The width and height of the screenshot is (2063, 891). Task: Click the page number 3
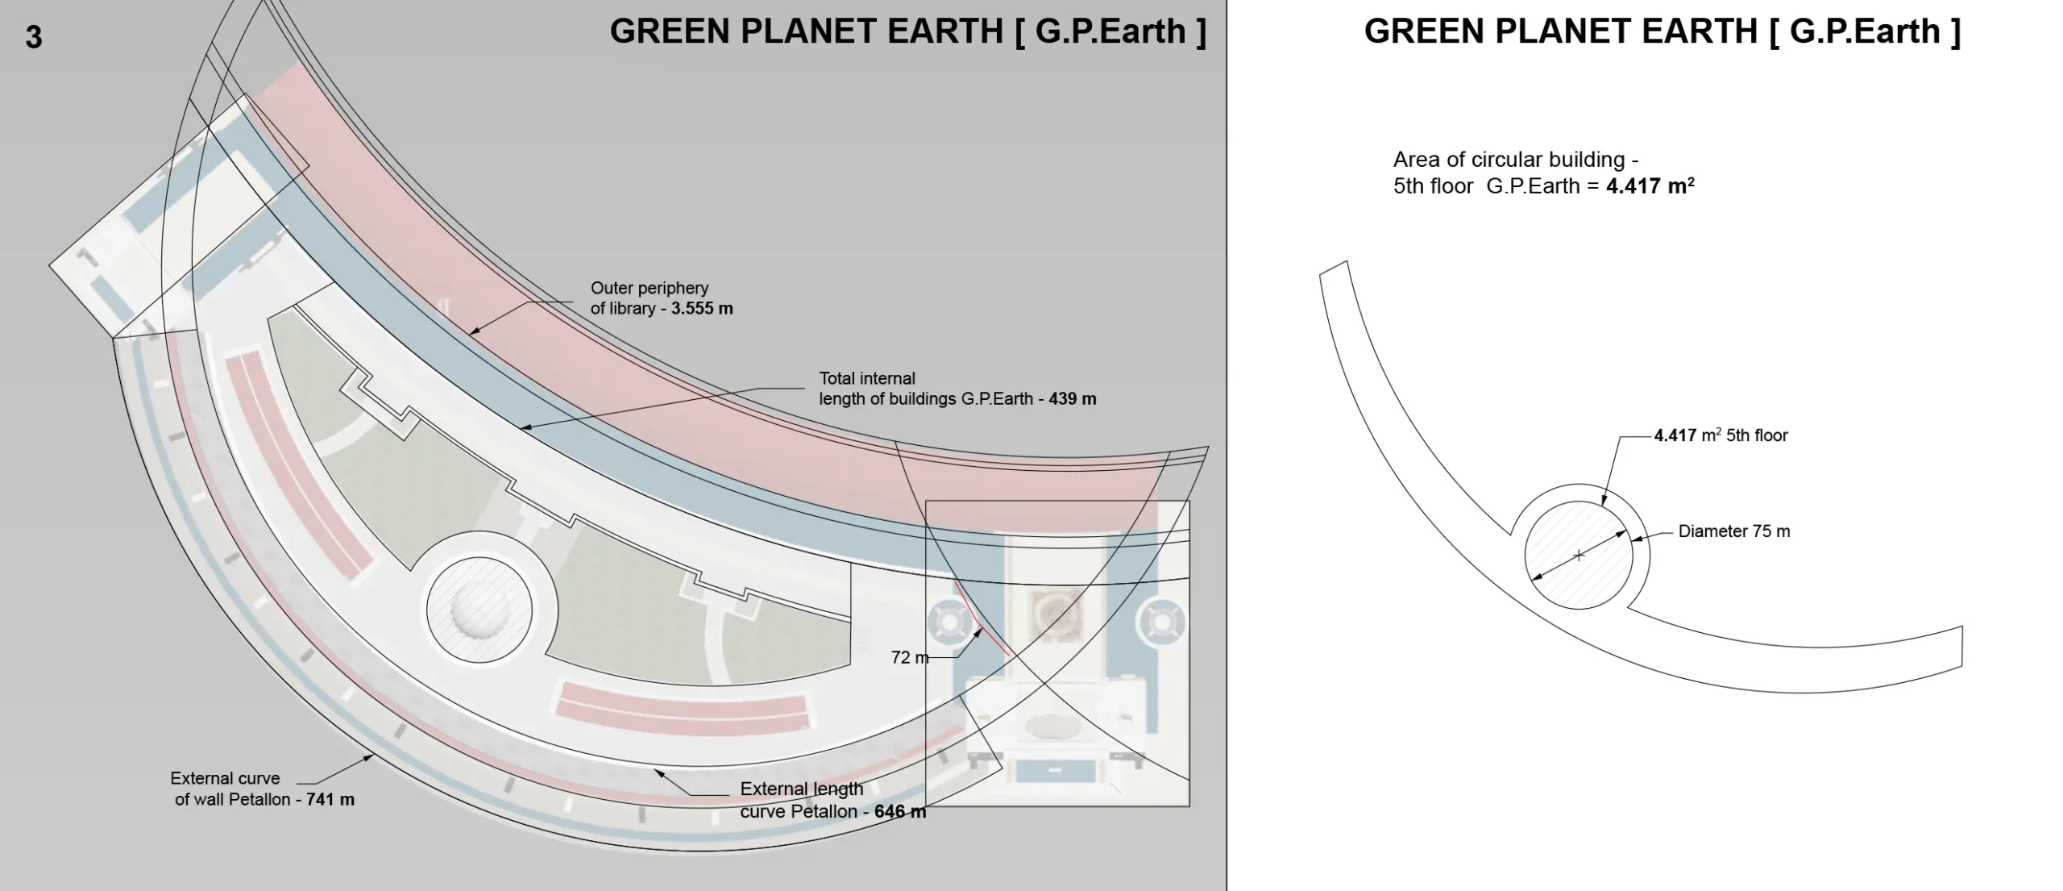[34, 38]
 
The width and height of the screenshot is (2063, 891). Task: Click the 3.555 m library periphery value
[702, 309]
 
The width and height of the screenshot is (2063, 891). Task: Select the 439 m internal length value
[1073, 399]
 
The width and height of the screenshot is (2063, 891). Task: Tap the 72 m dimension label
[910, 657]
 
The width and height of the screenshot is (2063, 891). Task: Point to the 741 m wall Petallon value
[330, 800]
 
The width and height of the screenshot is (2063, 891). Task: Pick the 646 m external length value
[900, 811]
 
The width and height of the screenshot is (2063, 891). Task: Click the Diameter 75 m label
[1734, 531]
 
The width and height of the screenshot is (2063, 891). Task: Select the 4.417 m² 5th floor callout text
[1721, 435]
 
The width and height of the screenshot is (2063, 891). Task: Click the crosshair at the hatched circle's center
[1579, 555]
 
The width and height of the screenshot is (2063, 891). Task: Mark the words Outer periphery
[650, 288]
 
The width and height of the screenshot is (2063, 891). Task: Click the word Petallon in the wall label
[260, 800]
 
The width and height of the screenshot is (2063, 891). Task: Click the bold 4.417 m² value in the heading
[1650, 186]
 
